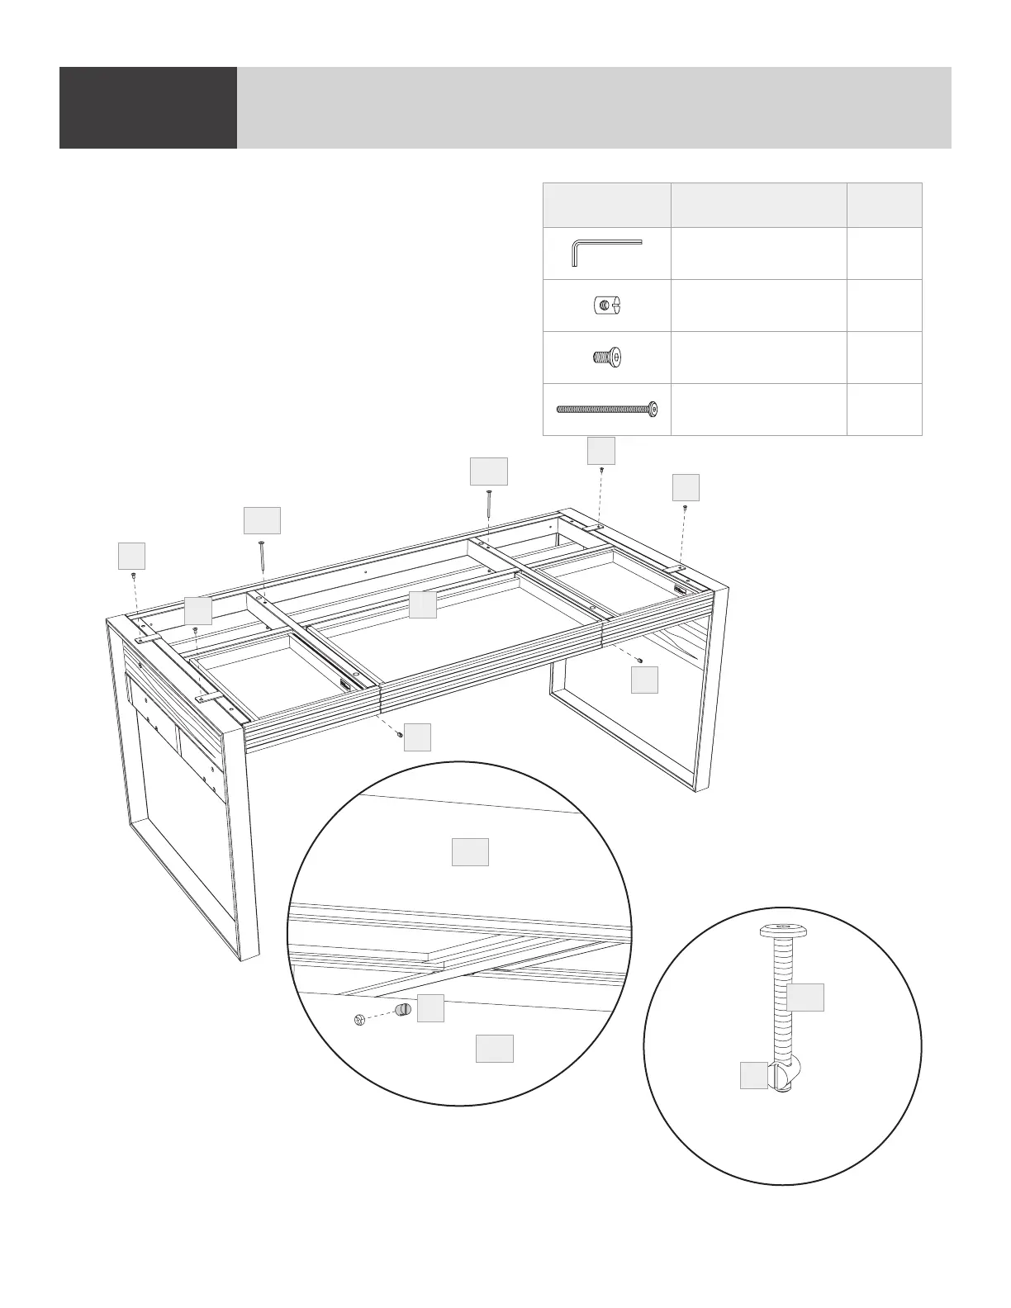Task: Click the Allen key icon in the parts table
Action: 605,253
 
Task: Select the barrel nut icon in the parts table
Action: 605,306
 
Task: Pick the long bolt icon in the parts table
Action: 607,408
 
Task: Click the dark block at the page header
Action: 148,107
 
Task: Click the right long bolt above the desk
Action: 489,503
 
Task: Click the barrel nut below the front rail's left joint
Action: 400,732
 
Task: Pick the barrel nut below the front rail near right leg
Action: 640,660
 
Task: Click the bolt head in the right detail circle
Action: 782,931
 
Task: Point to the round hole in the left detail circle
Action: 359,1021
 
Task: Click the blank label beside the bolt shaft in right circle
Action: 805,997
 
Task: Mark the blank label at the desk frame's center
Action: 422,604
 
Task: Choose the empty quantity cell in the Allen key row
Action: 884,253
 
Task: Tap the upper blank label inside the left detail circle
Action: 470,851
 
